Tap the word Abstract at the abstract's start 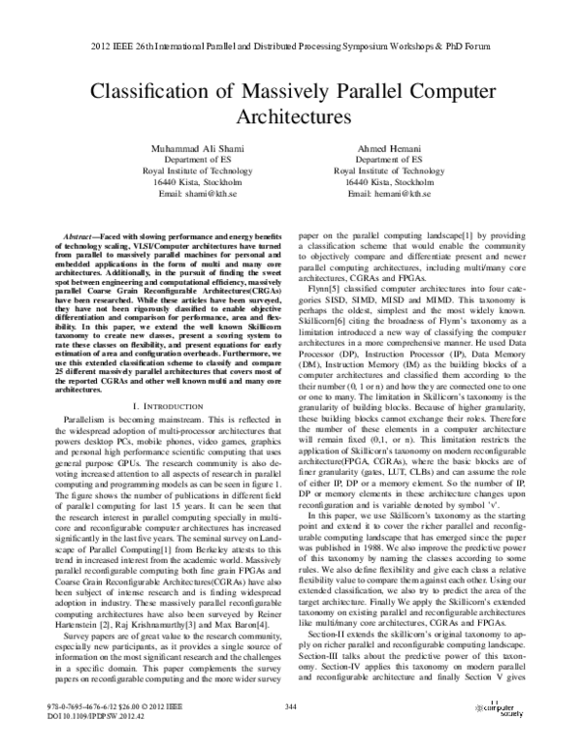click(x=79, y=236)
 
